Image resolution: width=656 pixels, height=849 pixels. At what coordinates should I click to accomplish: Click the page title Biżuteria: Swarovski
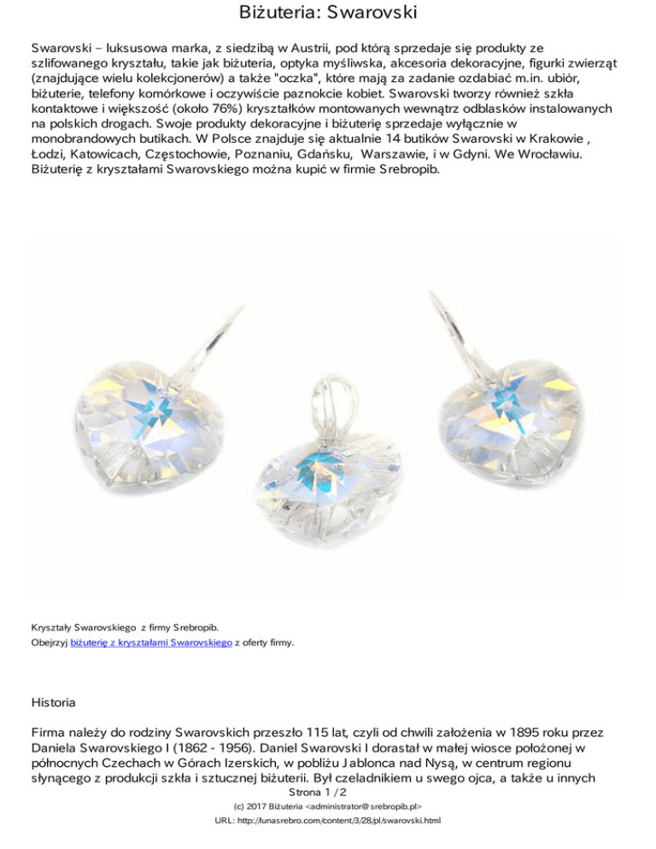328,15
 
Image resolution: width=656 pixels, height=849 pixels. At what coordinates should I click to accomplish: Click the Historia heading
53,703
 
